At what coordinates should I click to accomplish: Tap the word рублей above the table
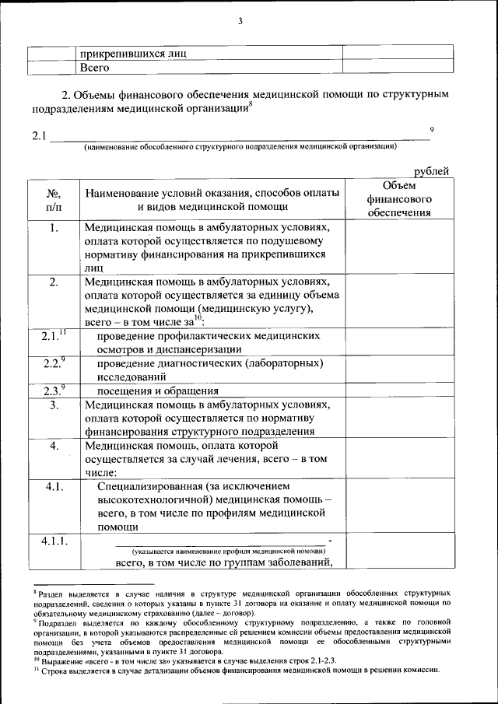[431, 172]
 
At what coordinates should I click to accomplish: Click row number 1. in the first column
[53, 229]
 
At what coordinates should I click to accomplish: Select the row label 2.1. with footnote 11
[53, 336]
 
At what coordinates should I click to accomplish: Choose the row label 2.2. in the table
[53, 363]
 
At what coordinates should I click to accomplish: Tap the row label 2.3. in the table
[53, 391]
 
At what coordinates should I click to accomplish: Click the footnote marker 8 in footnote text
[35, 591]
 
